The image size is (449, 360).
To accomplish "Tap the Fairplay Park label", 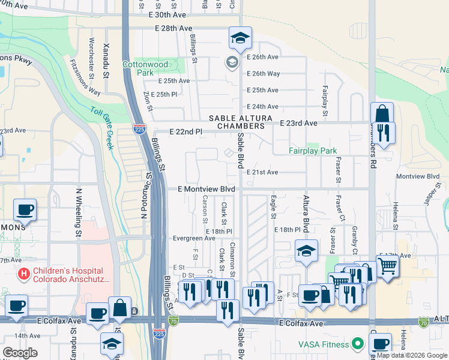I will [x=313, y=151].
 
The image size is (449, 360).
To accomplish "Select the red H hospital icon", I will [x=24, y=275].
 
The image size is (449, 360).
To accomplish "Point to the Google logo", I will [x=20, y=353].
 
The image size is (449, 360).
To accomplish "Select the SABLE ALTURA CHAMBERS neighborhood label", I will [x=237, y=122].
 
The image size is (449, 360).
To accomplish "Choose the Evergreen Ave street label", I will [x=193, y=238].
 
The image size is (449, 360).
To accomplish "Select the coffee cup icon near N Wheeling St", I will [x=25, y=210].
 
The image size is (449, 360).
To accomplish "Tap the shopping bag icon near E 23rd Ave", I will [x=382, y=113].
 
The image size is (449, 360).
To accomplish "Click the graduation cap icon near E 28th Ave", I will [x=240, y=38].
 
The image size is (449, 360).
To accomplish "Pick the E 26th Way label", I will [x=264, y=74].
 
